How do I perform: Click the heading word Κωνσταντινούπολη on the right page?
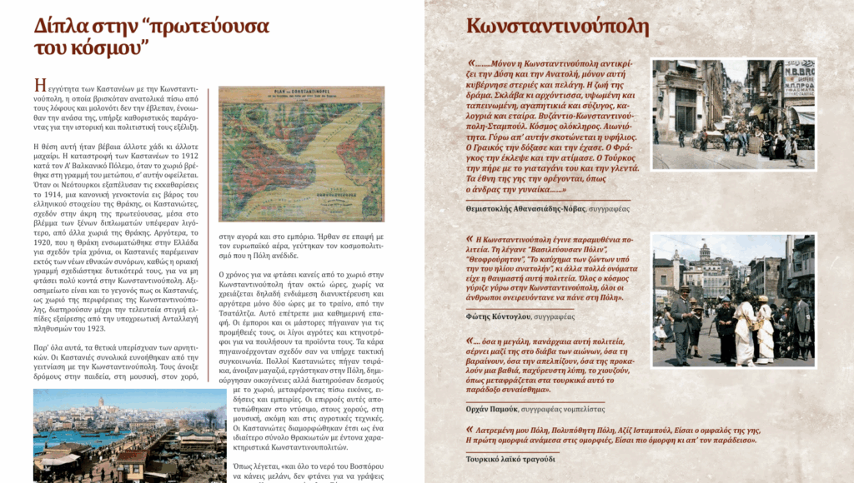[x=557, y=27]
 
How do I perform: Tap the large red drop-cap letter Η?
[x=39, y=86]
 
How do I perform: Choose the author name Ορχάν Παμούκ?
[x=492, y=409]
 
